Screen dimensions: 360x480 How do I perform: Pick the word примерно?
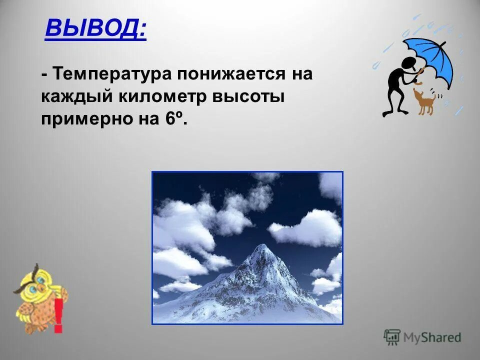(x=83, y=120)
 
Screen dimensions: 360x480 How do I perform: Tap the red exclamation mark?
(x=58, y=315)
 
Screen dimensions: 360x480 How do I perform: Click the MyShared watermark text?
(x=433, y=337)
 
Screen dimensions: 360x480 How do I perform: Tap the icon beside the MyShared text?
(x=392, y=337)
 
